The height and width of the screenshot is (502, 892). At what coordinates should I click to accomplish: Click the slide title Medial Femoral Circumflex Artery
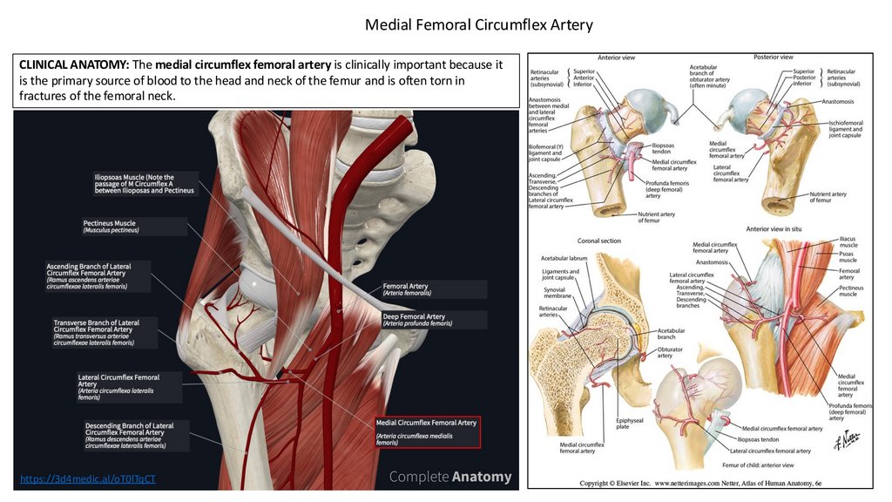tap(478, 24)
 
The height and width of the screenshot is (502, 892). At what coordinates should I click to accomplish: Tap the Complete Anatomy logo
tap(449, 477)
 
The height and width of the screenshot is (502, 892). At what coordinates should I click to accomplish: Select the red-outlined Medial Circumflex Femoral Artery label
tap(427, 431)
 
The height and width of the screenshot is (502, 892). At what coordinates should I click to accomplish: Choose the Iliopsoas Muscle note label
tap(145, 183)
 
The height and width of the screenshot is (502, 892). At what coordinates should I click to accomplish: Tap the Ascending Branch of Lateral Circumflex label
tap(99, 275)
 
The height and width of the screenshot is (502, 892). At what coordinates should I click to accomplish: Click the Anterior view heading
tap(616, 58)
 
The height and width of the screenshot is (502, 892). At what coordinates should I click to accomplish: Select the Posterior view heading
tap(773, 57)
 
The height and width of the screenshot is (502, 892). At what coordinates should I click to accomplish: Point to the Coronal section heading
tap(599, 241)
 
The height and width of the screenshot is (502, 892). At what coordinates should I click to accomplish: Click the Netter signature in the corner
tap(838, 442)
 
